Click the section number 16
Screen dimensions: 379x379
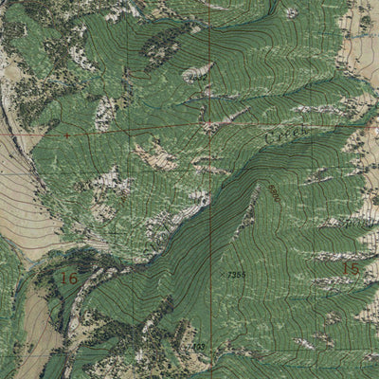(x=68, y=278)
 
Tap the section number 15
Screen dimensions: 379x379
(x=351, y=269)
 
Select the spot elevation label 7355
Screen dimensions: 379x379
(x=237, y=274)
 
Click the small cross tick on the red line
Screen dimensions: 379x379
(x=68, y=135)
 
